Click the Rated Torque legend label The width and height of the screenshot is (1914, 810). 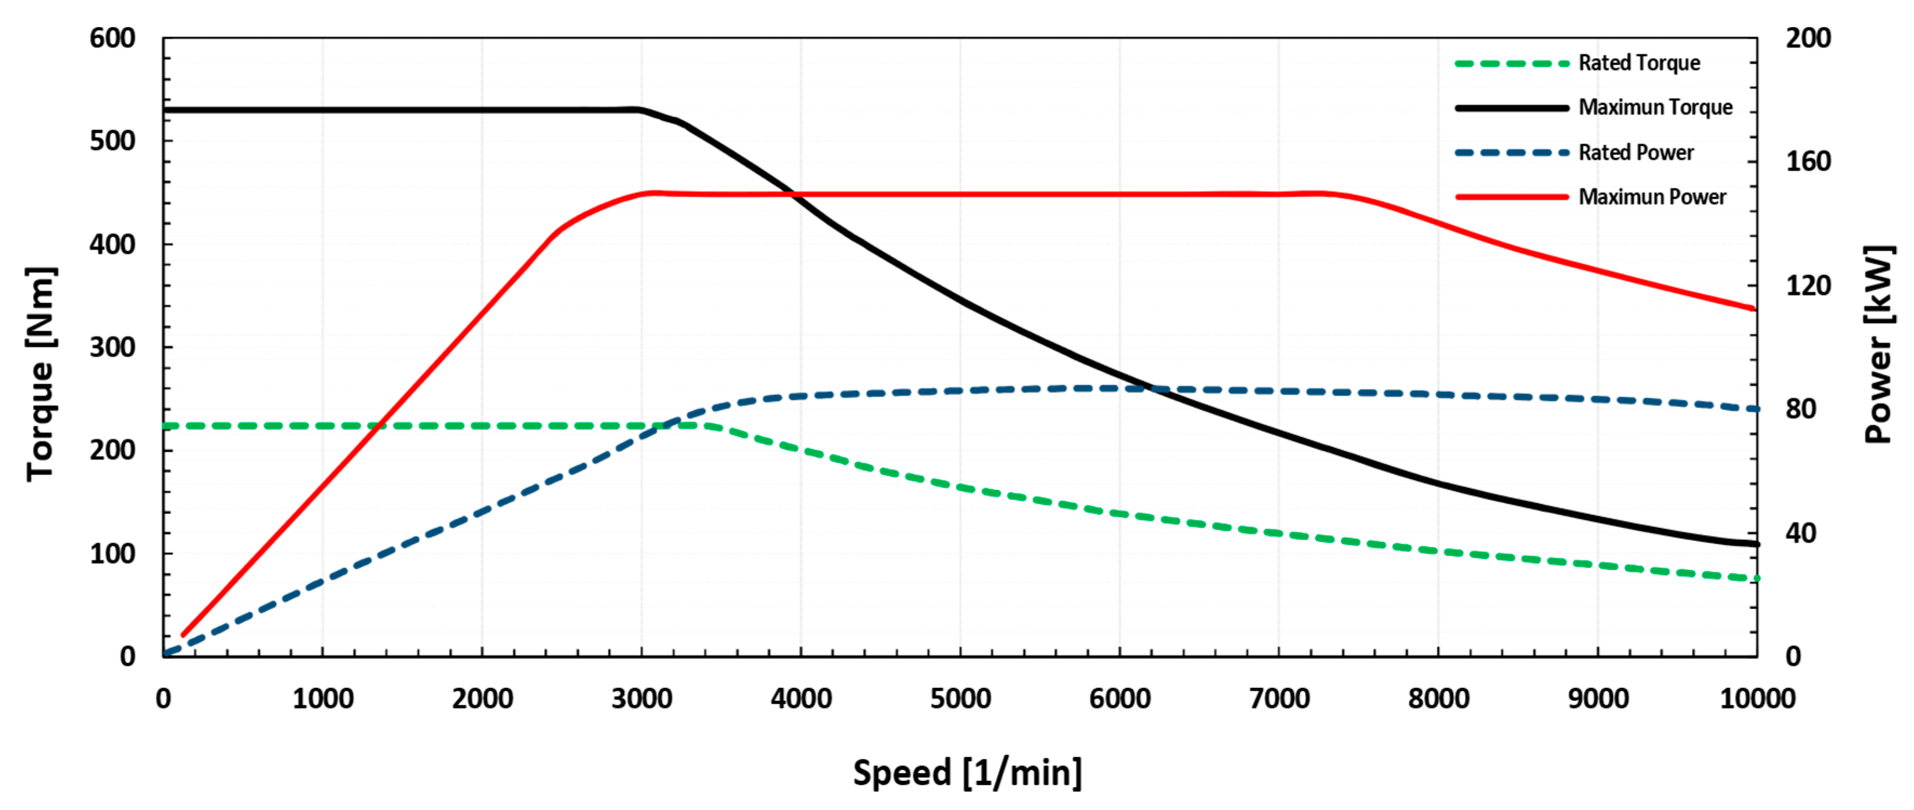pyautogui.click(x=1639, y=63)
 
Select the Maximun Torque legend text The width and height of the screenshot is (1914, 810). pyautogui.click(x=1656, y=108)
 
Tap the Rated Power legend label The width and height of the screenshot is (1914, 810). pyautogui.click(x=1636, y=152)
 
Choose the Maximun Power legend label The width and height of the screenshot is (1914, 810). pyautogui.click(x=1652, y=197)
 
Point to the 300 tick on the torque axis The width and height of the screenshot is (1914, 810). pyautogui.click(x=112, y=347)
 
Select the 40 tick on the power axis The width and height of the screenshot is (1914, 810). pyautogui.click(x=1801, y=533)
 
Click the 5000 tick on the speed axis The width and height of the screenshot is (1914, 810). pyautogui.click(x=961, y=699)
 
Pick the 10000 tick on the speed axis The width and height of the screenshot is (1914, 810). pyautogui.click(x=1757, y=699)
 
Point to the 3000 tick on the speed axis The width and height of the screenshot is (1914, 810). pyautogui.click(x=641, y=699)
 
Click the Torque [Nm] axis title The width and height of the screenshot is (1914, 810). pyautogui.click(x=41, y=374)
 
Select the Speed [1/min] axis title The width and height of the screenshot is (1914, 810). pyautogui.click(x=967, y=773)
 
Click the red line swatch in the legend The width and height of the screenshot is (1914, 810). pyautogui.click(x=1511, y=197)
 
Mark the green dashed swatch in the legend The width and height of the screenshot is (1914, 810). pyautogui.click(x=1511, y=63)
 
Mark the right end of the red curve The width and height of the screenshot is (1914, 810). pyautogui.click(x=1754, y=309)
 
